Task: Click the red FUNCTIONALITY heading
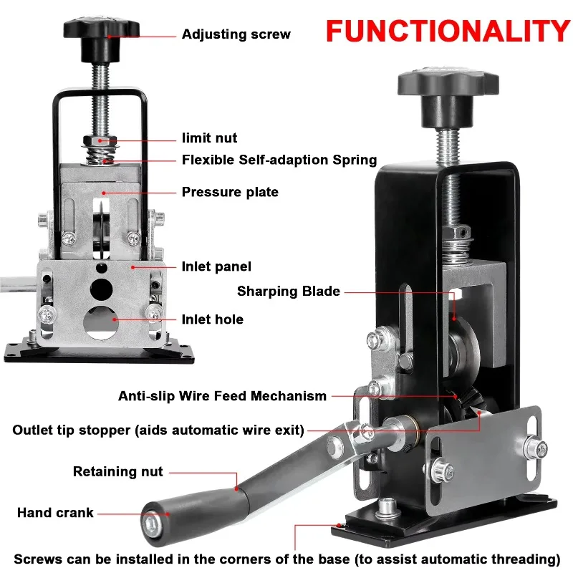tap(448, 31)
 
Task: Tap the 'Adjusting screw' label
tap(236, 34)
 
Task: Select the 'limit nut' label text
tap(209, 138)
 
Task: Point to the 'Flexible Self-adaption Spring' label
tap(279, 160)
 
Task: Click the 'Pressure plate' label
tap(229, 192)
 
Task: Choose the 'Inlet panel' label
tap(216, 266)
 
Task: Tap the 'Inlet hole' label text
tap(212, 319)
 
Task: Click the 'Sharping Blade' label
tap(289, 292)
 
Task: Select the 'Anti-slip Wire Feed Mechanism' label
tap(222, 395)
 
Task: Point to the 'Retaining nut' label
tap(118, 471)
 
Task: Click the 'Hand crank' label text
tap(56, 513)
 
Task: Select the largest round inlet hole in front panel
tap(101, 322)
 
